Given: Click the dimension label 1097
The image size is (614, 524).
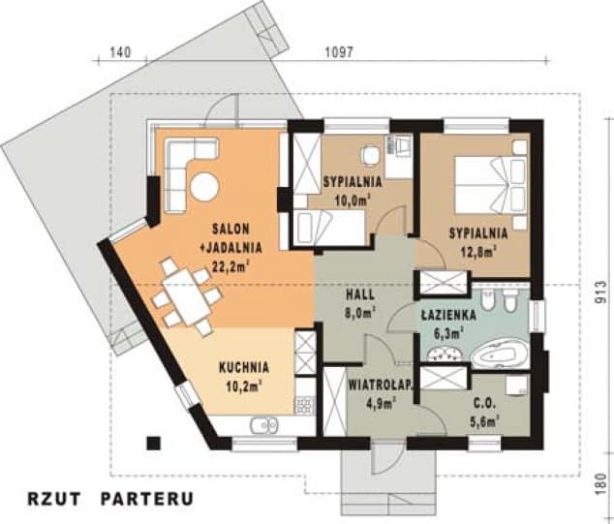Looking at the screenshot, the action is [x=339, y=52].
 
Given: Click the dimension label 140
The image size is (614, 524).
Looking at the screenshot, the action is [x=120, y=52].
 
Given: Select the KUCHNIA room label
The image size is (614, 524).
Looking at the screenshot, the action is [x=244, y=367].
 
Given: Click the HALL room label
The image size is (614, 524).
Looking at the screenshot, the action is [x=360, y=294].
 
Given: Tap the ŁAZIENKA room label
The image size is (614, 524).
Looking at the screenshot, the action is [x=448, y=315].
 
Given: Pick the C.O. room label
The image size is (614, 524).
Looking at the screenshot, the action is [x=484, y=402].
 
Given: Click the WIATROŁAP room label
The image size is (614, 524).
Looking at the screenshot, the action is [x=381, y=385].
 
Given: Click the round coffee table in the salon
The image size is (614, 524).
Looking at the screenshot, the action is [x=204, y=187].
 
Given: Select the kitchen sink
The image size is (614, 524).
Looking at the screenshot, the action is [x=264, y=426].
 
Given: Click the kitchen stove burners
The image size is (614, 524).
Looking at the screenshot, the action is [x=305, y=406].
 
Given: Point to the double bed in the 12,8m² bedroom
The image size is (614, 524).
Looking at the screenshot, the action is [x=491, y=185].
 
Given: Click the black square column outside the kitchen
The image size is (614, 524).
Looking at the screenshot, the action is [x=153, y=443].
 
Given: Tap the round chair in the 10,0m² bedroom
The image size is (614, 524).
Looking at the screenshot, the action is [x=370, y=155].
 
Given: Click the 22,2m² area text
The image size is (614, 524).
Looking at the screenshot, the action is [x=230, y=266].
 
